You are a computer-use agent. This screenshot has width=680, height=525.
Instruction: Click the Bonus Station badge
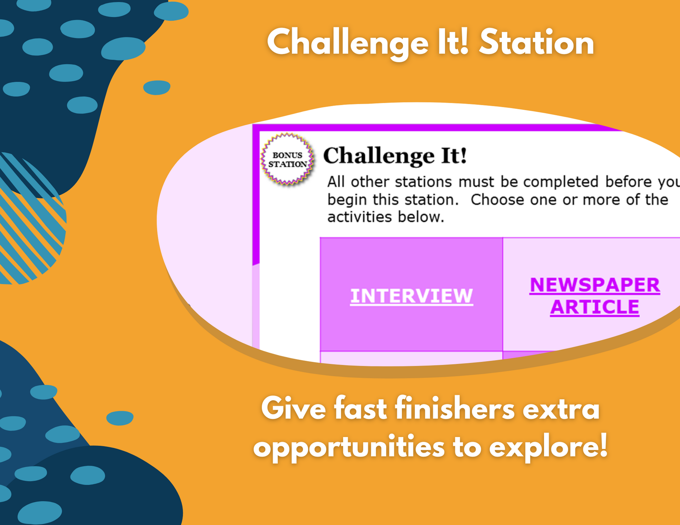pos(287,159)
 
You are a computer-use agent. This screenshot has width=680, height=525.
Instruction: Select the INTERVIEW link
pos(412,296)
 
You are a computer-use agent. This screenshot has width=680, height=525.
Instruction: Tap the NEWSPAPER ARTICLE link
pos(595,296)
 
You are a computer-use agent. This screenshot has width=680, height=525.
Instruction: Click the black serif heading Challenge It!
pos(395,155)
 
